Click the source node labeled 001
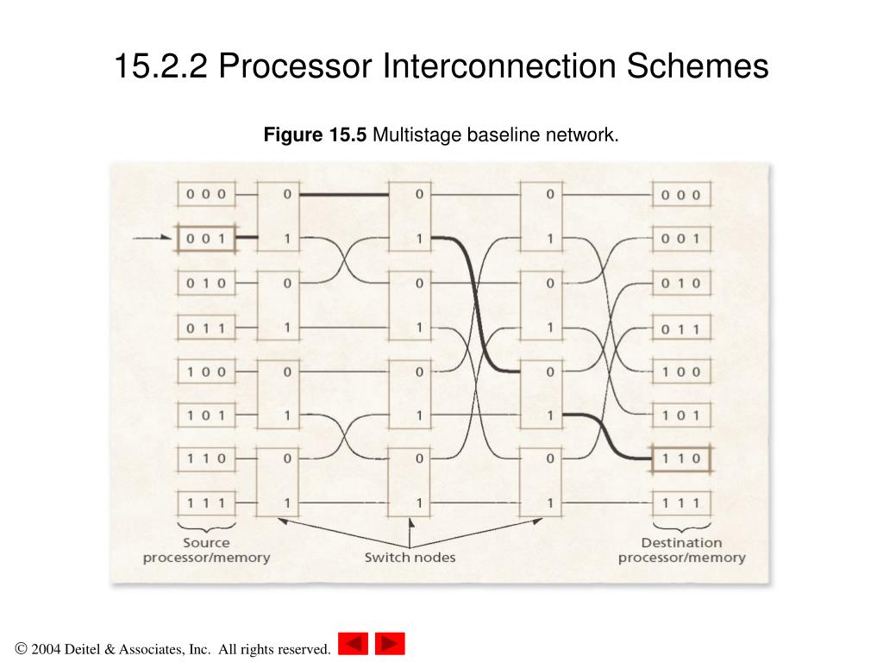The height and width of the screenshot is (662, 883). (206, 239)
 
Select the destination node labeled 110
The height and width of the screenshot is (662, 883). (681, 459)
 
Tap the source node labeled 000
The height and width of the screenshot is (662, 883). (206, 194)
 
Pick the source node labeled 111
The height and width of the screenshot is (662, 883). (206, 503)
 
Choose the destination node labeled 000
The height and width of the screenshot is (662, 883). (681, 195)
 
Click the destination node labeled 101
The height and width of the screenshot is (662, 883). (681, 415)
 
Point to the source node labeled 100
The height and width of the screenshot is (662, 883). (206, 372)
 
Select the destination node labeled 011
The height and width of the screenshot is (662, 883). (681, 328)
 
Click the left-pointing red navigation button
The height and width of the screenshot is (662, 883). (353, 643)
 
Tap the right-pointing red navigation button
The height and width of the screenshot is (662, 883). (390, 643)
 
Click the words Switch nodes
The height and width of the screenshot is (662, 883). (410, 558)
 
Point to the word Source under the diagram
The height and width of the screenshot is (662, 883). (206, 543)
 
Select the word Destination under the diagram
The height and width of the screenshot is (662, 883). (681, 543)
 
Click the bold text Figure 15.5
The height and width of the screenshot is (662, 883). (315, 135)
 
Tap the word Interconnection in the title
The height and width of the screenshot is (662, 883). (499, 66)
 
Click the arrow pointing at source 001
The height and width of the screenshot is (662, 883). (152, 238)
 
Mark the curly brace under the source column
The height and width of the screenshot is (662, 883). (206, 528)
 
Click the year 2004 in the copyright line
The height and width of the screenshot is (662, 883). (46, 649)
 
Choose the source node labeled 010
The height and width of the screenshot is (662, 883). (206, 283)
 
